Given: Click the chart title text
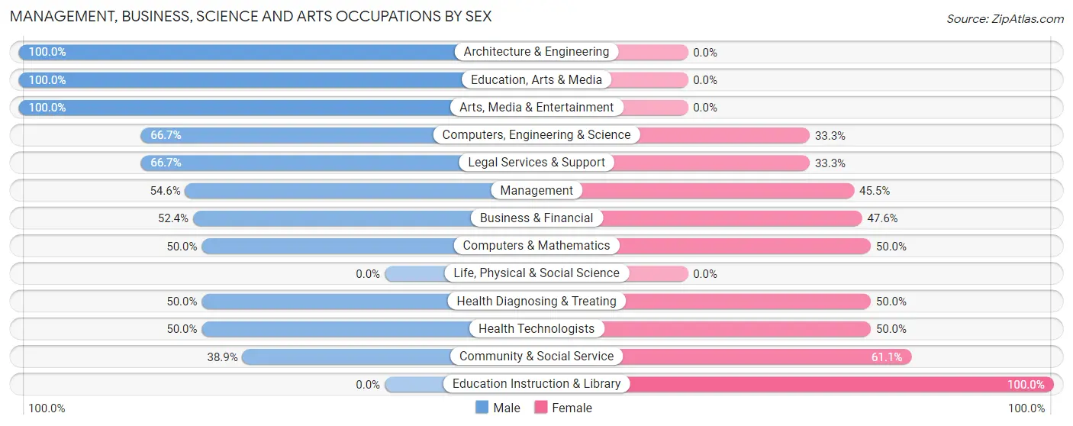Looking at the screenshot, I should [250, 16].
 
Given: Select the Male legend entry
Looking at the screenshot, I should [498, 408].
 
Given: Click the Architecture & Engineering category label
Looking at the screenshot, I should [536, 52].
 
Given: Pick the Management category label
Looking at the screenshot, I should [536, 190].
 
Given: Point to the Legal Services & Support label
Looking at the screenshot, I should [536, 163].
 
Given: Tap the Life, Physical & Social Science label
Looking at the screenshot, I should [536, 273].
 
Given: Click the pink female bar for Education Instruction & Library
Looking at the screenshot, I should [839, 384].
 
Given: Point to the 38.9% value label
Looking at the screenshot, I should [222, 357].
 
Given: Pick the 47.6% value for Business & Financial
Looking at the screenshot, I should [882, 218].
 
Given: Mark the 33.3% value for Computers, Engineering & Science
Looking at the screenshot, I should [830, 135].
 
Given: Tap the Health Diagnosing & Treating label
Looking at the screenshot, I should [536, 301].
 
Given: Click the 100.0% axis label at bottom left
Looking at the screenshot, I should [47, 408].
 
